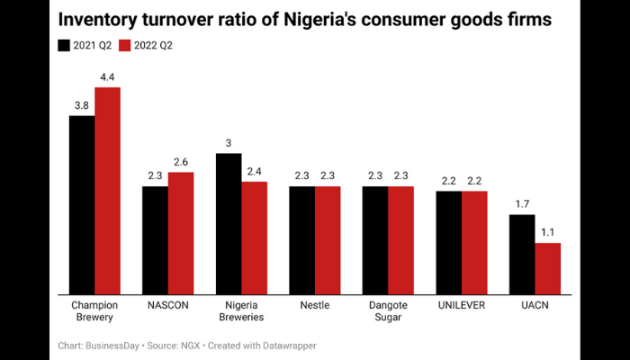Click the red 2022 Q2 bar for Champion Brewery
click(x=107, y=190)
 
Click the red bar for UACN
click(x=548, y=268)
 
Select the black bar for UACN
click(x=522, y=254)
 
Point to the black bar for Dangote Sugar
click(x=375, y=239)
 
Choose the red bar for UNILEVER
click(x=474, y=242)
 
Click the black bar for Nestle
click(x=301, y=239)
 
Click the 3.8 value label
click(x=82, y=106)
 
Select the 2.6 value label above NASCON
click(x=181, y=162)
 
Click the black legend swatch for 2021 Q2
click(x=64, y=45)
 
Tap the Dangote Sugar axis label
click(x=388, y=311)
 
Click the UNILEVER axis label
click(x=462, y=305)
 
